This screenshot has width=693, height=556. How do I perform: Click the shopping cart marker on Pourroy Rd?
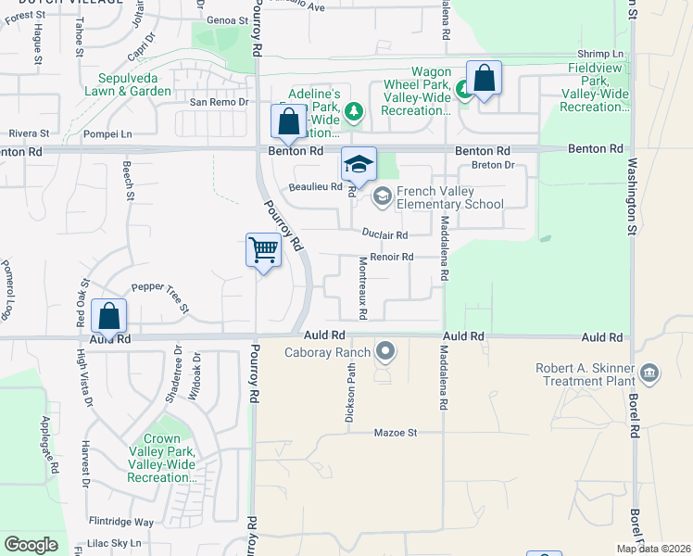point(263,250)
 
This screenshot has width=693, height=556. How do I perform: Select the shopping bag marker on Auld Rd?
point(109,317)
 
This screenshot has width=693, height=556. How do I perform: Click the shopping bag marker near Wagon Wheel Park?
point(484,79)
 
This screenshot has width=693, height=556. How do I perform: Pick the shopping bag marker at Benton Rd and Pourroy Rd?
point(288,122)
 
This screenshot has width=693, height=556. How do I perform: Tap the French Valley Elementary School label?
point(449,197)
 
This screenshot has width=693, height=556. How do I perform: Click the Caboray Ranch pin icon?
point(385,351)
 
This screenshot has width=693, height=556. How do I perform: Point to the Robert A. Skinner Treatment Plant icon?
point(649,373)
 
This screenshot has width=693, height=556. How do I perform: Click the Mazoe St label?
point(397,433)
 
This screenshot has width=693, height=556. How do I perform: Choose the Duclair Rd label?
point(384,235)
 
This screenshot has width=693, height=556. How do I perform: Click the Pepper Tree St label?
point(160,297)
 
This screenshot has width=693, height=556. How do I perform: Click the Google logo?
point(31,545)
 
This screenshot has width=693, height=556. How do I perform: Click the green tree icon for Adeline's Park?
point(353,112)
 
